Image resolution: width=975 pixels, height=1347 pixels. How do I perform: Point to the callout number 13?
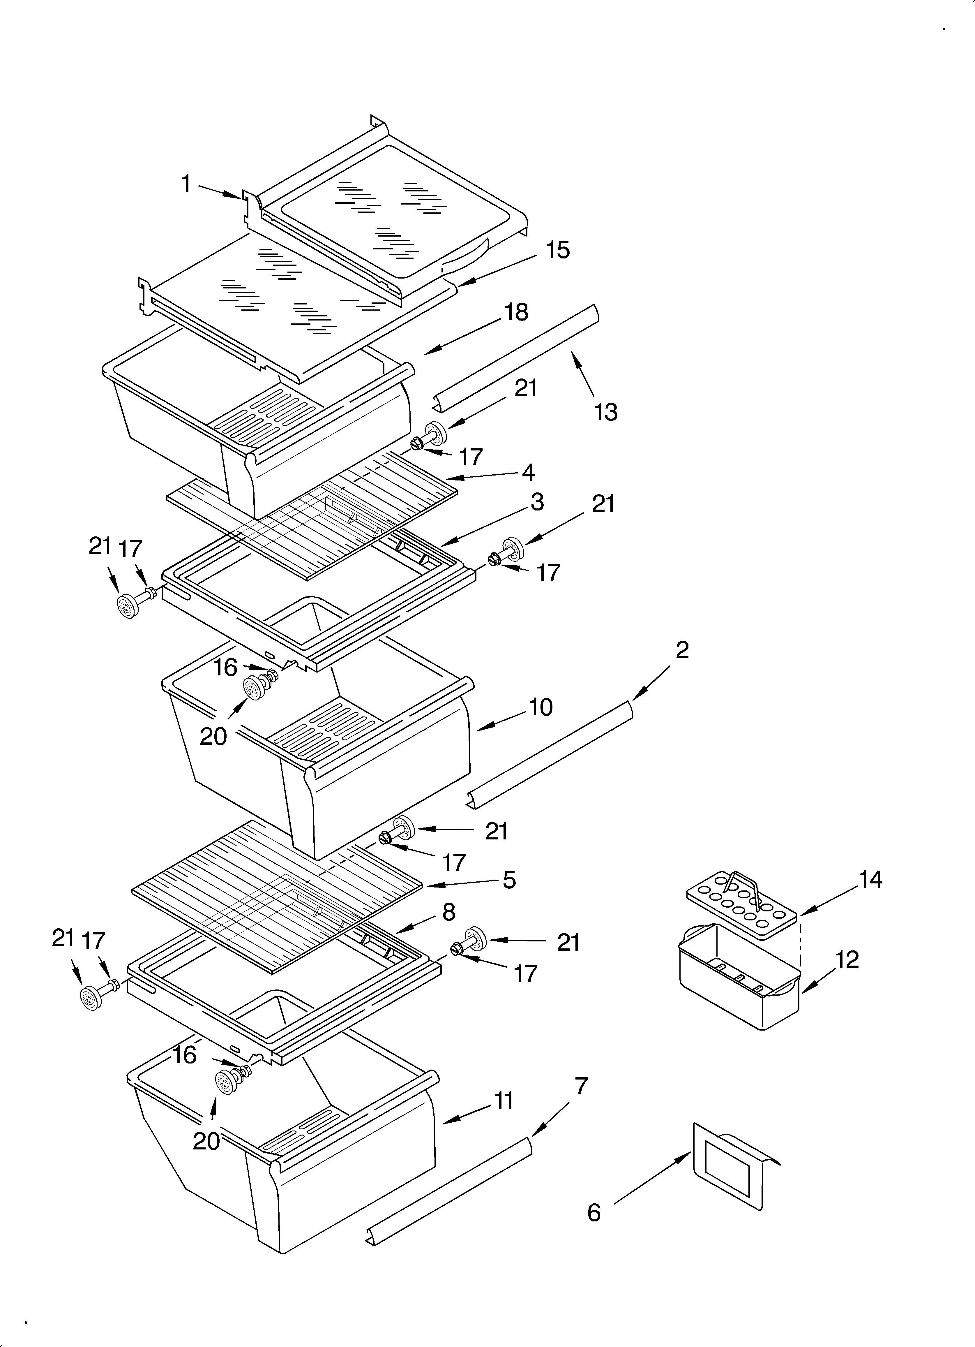pos(606,412)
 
